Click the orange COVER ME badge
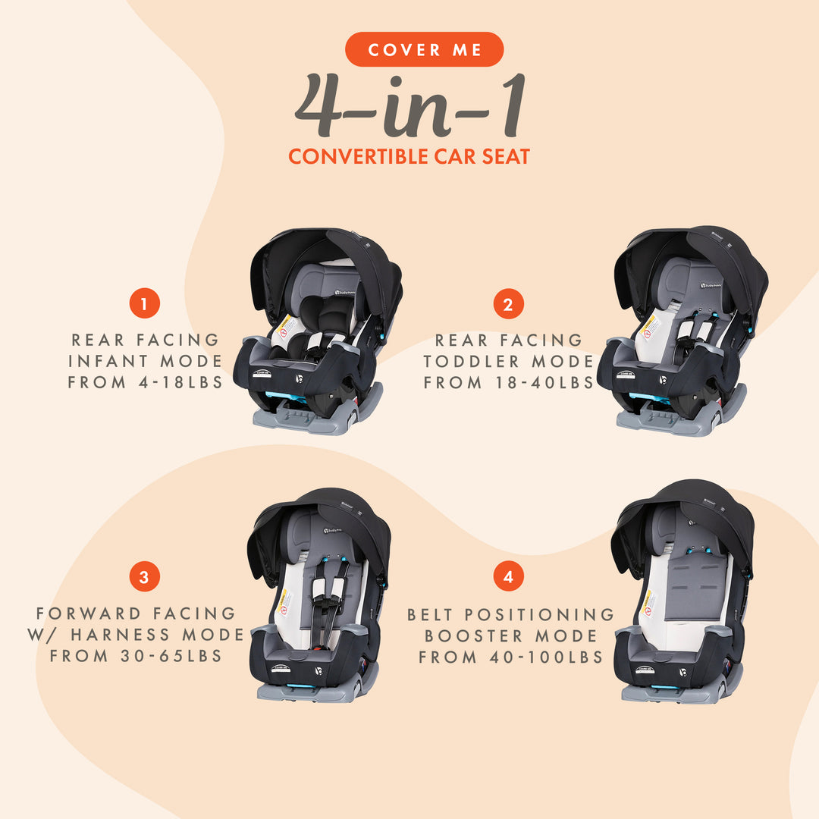coord(424,50)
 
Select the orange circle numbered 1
coord(144,304)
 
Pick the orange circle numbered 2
coord(508,304)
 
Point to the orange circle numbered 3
coord(144,577)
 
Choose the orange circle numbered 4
coord(508,577)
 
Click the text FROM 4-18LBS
coord(146,382)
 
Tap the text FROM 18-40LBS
coord(509,382)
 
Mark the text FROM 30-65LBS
coord(136,656)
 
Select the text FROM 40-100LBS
coord(510,657)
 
